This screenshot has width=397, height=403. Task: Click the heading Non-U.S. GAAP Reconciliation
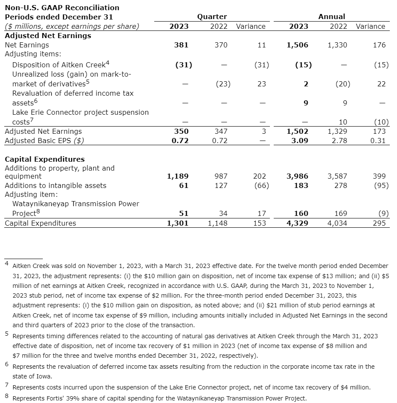click(x=62, y=8)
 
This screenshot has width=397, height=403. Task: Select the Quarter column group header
click(x=212, y=17)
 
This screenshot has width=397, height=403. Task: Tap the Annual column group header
click(x=331, y=17)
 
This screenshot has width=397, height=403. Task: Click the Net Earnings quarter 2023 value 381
click(x=181, y=45)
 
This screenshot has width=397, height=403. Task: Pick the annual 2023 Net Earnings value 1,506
click(x=298, y=45)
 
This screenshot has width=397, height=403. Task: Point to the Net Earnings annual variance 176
click(x=379, y=45)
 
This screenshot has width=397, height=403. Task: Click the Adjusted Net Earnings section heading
click(x=48, y=36)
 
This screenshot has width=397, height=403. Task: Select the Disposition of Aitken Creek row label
click(x=58, y=65)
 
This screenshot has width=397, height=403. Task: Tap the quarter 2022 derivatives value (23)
click(x=223, y=84)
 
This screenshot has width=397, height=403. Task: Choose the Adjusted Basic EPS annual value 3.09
click(x=300, y=141)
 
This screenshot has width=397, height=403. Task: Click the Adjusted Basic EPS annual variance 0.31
click(x=378, y=141)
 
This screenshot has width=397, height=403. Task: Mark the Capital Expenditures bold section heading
click(x=44, y=159)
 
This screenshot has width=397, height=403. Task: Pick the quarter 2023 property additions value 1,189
click(x=178, y=176)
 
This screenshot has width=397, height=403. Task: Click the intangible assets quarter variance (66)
click(x=260, y=185)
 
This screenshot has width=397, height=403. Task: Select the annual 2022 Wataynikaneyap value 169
click(x=341, y=213)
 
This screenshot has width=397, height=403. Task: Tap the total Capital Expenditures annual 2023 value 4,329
click(x=298, y=223)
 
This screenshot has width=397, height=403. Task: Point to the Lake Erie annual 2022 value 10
click(x=343, y=122)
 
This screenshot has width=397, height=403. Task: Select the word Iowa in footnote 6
click(x=44, y=376)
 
